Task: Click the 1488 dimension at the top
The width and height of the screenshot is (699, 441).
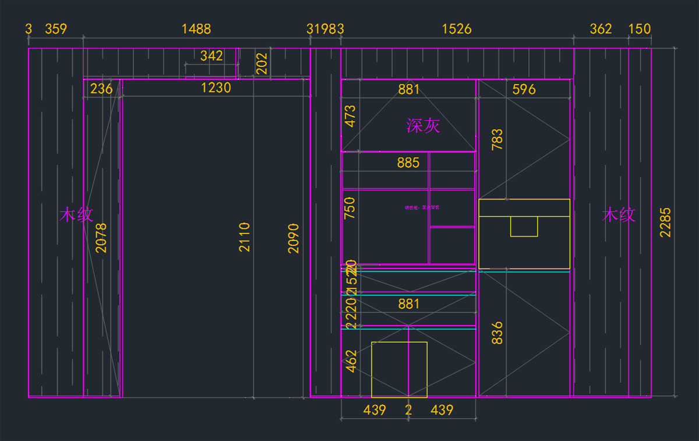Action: (x=196, y=29)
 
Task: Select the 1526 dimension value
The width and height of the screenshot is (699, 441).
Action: (x=457, y=29)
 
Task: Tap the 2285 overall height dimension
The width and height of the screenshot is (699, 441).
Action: (x=665, y=222)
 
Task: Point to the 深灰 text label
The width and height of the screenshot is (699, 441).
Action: (x=423, y=125)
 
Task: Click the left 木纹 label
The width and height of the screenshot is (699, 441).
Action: (x=76, y=215)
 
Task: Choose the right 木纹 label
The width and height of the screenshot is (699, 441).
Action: (x=619, y=215)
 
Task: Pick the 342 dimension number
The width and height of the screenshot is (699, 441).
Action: (x=211, y=56)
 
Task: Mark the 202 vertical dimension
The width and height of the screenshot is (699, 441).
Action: (x=262, y=63)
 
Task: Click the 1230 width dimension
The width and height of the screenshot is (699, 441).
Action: (x=216, y=88)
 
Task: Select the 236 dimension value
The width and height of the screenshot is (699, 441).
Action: (x=101, y=89)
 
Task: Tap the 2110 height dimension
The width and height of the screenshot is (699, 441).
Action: (x=245, y=237)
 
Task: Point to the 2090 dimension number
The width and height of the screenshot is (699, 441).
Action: (x=294, y=238)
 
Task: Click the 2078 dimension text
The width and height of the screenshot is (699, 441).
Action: (x=101, y=238)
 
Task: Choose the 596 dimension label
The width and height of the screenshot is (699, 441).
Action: (x=524, y=89)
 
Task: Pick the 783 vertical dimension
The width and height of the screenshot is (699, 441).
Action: (x=497, y=140)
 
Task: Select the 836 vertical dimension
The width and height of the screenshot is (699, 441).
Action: (x=497, y=333)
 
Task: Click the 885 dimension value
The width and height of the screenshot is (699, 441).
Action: (x=408, y=163)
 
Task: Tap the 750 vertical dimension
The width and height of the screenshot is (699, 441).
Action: (x=350, y=208)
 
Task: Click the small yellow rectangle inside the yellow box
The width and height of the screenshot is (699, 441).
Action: (x=524, y=226)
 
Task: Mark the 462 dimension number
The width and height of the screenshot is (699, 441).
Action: (x=351, y=361)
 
